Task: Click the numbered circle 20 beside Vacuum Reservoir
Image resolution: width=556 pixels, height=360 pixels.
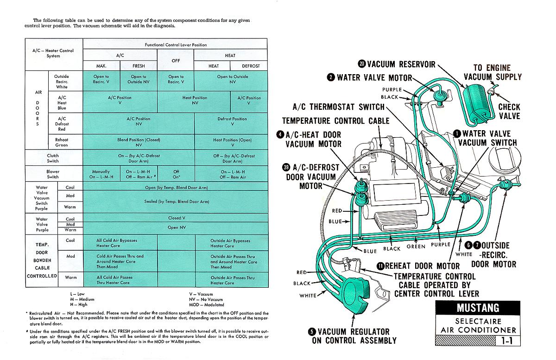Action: (362, 64)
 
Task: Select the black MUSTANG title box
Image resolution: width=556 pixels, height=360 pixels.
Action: (478, 308)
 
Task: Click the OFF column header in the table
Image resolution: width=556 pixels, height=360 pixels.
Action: (176, 61)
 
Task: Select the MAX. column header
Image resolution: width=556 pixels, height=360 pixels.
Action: (101, 66)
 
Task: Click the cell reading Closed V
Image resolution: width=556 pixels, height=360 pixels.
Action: (176, 218)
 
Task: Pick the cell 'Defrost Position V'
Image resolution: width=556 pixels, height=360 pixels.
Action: (232, 121)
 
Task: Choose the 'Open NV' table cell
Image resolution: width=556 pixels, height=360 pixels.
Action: (176, 227)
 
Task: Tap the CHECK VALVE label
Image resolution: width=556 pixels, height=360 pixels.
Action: (509, 112)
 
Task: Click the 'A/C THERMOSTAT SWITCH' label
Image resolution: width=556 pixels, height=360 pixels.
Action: (339, 107)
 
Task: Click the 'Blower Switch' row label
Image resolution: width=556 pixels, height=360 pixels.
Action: (53, 174)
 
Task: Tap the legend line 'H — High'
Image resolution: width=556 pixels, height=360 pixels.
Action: (79, 304)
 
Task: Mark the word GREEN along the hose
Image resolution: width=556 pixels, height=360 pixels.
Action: (416, 246)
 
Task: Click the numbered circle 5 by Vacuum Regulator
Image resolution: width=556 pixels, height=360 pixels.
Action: (312, 331)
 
